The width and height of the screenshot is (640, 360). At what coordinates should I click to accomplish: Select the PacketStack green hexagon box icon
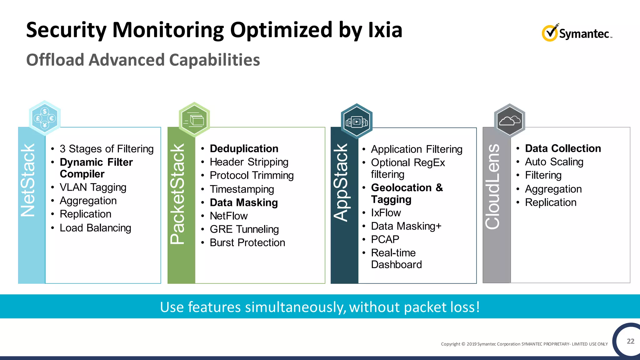(194, 120)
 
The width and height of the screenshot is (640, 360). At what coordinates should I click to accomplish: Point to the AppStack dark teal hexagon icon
(357, 122)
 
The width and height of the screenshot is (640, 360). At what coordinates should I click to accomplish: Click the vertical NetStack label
(28, 180)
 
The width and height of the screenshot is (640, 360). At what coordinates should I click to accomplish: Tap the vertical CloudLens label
(493, 187)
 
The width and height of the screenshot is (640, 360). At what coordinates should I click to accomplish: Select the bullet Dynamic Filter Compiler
(96, 168)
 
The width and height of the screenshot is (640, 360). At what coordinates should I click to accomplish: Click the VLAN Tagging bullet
(93, 187)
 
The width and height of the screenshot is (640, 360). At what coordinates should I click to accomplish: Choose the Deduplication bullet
(244, 148)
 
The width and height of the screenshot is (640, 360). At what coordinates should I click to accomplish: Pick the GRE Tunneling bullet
(244, 229)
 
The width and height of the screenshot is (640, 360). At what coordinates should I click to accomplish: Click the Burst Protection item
(247, 242)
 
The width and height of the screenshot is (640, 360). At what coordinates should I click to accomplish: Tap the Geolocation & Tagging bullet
(406, 193)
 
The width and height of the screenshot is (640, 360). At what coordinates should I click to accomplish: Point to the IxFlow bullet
(386, 212)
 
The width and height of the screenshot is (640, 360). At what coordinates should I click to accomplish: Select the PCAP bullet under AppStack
(385, 239)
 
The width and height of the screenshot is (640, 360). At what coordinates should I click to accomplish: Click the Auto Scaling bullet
(554, 162)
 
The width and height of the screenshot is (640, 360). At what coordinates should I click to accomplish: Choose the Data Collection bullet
(562, 148)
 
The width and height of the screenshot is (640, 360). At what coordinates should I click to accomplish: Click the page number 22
(630, 341)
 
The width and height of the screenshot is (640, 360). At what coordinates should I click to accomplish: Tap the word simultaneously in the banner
(295, 307)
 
